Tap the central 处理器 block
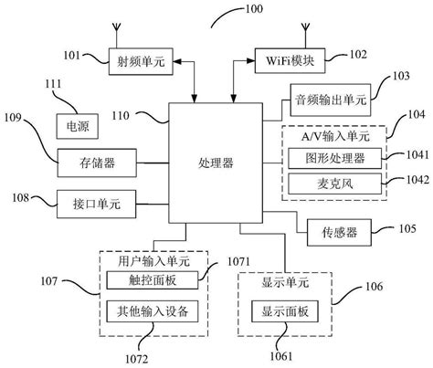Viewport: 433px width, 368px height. [216, 164]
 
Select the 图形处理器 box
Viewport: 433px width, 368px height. [334, 159]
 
